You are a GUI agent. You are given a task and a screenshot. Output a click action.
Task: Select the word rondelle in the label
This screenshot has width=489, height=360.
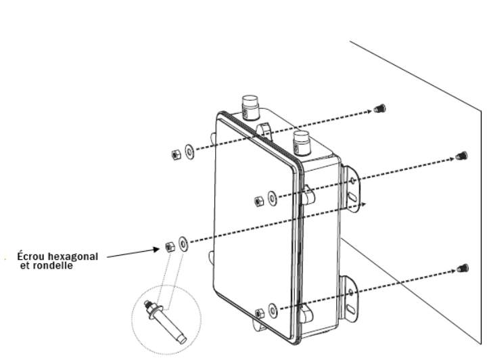click(x=57, y=266)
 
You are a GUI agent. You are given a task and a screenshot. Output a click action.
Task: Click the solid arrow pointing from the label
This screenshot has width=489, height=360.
click(x=135, y=253)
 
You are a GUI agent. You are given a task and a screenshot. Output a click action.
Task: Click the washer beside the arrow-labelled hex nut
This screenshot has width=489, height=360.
click(x=183, y=242)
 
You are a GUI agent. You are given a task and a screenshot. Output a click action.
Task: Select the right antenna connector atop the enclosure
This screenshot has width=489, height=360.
click(x=302, y=143)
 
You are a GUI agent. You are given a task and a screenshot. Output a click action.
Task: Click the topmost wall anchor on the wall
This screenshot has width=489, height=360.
click(x=379, y=108)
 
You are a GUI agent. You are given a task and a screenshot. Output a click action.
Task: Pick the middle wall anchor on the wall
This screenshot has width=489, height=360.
click(x=462, y=156)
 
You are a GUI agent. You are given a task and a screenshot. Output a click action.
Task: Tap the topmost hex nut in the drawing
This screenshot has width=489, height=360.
click(x=176, y=153)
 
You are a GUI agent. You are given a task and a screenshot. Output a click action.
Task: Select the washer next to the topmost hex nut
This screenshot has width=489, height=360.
click(x=189, y=150)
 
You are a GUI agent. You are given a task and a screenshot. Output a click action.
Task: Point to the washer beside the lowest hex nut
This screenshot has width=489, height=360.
click(x=271, y=310)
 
